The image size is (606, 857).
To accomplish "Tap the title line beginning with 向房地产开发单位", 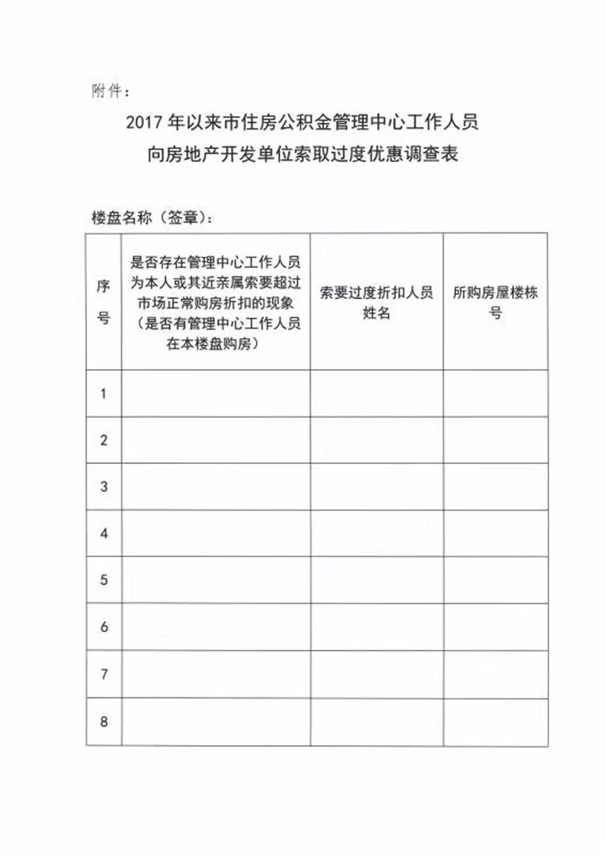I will [303, 156].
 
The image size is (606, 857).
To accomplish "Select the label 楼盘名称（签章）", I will [151, 218].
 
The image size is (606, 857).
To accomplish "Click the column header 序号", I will [104, 301].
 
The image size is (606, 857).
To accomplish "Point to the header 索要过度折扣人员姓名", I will [376, 302].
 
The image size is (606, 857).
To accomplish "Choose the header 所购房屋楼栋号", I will [495, 302].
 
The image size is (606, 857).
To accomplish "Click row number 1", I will [104, 393].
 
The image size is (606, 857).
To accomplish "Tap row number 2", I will [104, 440].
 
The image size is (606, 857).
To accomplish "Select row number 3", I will [104, 487].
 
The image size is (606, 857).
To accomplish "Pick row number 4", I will [104, 534].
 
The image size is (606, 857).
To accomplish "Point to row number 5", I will [104, 581].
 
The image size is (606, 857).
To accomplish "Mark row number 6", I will [104, 628].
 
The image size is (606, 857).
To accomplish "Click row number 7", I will [104, 675].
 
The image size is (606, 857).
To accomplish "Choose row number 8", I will [104, 721].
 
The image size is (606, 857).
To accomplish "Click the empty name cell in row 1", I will [376, 393].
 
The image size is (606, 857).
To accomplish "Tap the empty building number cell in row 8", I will [495, 721].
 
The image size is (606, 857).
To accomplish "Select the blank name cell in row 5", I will [376, 581].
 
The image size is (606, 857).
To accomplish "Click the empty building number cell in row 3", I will [495, 487].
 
